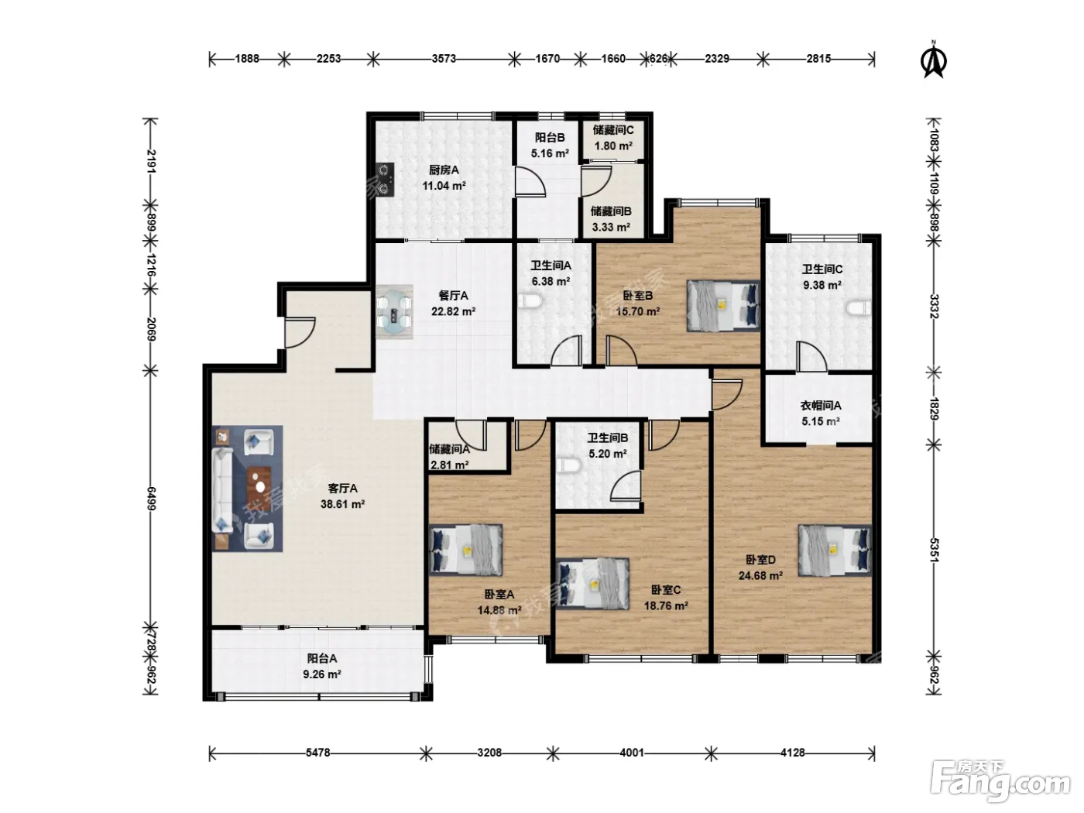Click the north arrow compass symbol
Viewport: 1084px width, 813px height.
click(x=933, y=60)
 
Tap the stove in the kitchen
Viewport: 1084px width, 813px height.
click(x=386, y=180)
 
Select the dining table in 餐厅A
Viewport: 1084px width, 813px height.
click(x=394, y=312)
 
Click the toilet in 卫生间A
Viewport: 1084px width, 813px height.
click(x=530, y=300)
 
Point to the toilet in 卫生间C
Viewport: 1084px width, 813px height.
click(x=859, y=308)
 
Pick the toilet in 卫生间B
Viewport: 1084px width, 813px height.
click(x=568, y=465)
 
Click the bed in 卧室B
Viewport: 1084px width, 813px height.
click(x=723, y=306)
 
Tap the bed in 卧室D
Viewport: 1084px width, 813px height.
click(x=835, y=551)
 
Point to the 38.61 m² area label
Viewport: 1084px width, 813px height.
click(x=342, y=504)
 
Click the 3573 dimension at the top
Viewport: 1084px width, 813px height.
click(x=444, y=59)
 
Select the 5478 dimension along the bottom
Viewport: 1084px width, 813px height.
click(x=317, y=753)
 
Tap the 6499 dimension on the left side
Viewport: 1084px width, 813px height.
click(x=152, y=498)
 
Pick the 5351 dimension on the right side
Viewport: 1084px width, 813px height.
click(x=933, y=550)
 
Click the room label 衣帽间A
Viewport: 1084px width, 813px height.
click(x=820, y=406)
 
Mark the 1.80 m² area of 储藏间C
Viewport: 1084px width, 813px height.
click(x=613, y=146)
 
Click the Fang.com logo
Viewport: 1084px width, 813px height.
click(x=1000, y=780)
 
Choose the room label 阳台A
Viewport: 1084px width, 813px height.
click(x=322, y=658)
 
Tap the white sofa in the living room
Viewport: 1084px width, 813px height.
click(x=222, y=490)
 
